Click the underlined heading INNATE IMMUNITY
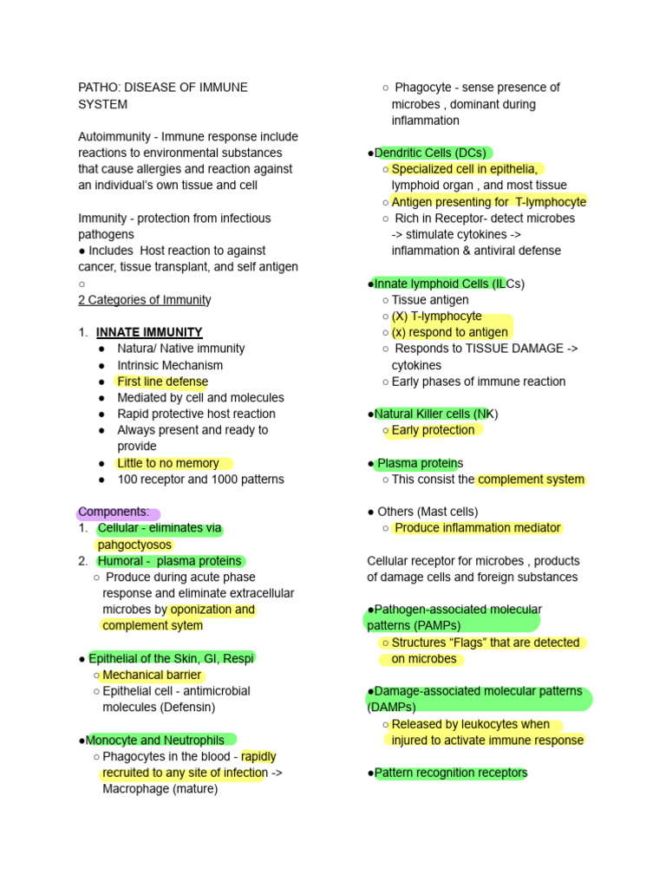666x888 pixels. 149,332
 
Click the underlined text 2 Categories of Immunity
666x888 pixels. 145,300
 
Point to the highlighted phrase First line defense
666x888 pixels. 162,382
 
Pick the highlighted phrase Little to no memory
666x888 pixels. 168,463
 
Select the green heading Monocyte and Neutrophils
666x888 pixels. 160,740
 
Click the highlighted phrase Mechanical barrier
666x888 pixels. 152,675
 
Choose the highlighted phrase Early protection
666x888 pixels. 433,430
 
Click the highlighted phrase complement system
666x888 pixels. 531,480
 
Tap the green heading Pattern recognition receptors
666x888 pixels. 450,773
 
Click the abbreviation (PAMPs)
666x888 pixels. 437,625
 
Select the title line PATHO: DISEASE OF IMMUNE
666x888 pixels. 163,88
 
